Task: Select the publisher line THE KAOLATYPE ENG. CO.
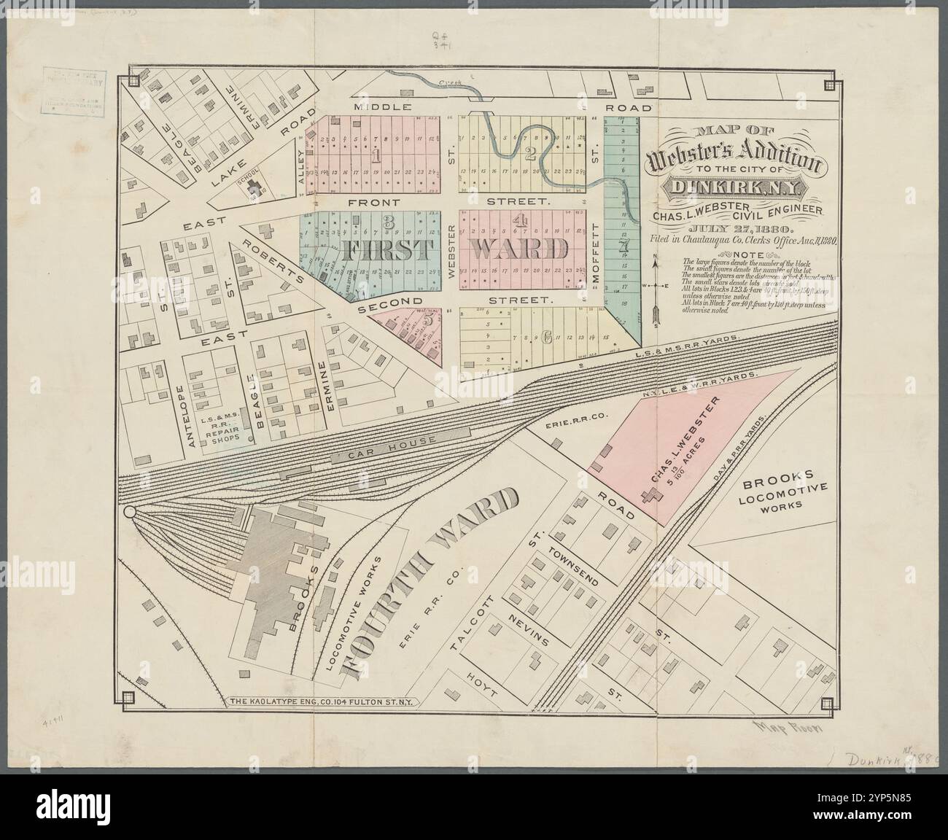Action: [x=322, y=702]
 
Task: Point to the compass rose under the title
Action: [x=656, y=285]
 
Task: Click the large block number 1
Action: [x=376, y=155]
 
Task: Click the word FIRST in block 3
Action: [x=378, y=249]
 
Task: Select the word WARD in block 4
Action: [x=519, y=249]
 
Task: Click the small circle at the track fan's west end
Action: [x=131, y=513]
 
